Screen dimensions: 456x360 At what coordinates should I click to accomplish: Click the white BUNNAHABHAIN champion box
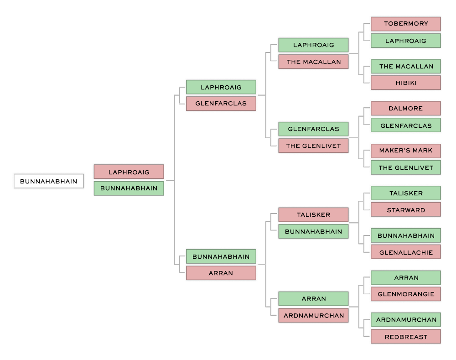click(x=49, y=181)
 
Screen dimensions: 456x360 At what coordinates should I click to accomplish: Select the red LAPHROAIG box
click(x=129, y=172)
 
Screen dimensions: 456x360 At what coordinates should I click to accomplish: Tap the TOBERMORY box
click(x=406, y=24)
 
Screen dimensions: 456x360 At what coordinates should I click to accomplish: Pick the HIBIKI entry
click(x=406, y=83)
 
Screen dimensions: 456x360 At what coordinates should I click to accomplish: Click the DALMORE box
click(x=406, y=108)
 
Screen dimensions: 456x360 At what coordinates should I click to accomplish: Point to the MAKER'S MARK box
click(x=406, y=151)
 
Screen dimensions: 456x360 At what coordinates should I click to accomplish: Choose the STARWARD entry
click(x=406, y=209)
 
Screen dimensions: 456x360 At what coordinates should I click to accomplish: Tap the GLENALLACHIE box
click(x=406, y=252)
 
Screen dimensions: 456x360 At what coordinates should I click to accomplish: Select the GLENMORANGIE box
click(x=406, y=294)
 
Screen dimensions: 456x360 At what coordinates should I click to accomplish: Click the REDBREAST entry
click(x=406, y=336)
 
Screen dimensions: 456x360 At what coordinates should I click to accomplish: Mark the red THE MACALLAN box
click(x=314, y=62)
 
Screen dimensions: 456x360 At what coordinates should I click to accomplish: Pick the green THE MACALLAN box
click(x=406, y=66)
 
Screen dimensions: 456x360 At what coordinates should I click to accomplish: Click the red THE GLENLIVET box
click(x=314, y=146)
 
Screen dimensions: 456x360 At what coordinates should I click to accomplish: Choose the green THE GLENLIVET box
click(x=406, y=167)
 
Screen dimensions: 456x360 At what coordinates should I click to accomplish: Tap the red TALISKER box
click(x=314, y=215)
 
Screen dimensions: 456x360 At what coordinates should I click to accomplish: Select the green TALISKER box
click(x=406, y=193)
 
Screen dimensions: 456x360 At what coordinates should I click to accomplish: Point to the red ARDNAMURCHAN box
click(x=314, y=315)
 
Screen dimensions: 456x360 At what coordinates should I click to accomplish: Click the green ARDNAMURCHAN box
click(x=406, y=319)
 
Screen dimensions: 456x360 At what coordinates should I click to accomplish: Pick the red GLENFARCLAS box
click(x=221, y=104)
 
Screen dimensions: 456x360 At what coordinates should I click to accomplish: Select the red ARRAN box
click(x=221, y=273)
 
